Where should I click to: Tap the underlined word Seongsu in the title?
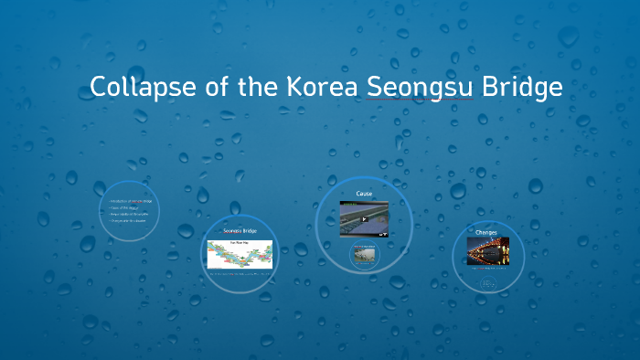point(419,88)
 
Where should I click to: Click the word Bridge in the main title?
point(519,88)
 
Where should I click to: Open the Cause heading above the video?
point(364,194)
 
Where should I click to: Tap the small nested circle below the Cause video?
point(363,256)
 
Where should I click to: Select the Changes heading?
point(486,232)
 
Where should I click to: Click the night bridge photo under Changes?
point(487,250)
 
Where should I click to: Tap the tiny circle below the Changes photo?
point(487,284)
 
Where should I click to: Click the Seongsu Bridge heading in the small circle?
point(240,231)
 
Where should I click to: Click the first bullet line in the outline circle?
point(130,200)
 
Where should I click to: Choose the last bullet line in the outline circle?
point(130,221)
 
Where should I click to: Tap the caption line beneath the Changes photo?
point(487,269)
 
